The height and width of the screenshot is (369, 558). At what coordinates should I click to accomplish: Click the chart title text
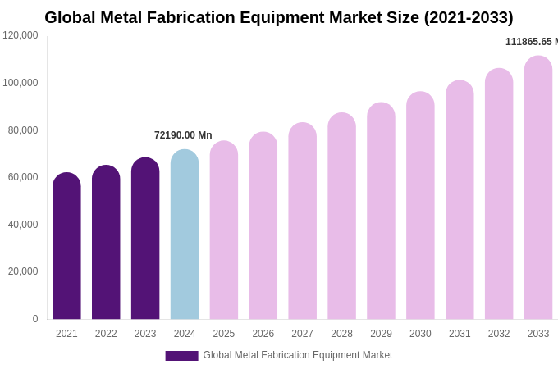pos(279,17)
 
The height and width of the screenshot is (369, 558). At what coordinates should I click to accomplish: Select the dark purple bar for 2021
pos(66,246)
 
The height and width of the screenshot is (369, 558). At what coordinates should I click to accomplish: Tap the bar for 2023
pos(145,239)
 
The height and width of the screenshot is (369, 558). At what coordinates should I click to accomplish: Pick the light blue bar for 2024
pos(185,235)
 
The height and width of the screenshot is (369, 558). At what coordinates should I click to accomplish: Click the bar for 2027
pos(302,221)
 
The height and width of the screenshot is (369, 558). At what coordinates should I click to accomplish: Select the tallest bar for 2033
pos(538,188)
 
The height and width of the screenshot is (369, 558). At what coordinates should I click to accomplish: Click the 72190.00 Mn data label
pos(183,135)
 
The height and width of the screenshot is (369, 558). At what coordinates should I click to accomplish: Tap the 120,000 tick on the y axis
pos(21,35)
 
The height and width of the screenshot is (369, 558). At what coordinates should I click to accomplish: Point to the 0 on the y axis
pos(34,319)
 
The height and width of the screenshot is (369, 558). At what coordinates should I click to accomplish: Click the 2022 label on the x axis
pos(106,334)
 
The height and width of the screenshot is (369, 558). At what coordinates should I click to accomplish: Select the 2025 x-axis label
pos(224,334)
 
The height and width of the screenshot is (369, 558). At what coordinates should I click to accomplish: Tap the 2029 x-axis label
pos(381,334)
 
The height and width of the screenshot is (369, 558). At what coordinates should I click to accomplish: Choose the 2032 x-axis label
pos(499,334)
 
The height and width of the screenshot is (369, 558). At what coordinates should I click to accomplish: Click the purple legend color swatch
pos(181,356)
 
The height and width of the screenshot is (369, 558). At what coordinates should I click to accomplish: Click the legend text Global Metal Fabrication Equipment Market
pos(298,355)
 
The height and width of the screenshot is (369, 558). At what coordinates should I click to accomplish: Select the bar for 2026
pos(263,225)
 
